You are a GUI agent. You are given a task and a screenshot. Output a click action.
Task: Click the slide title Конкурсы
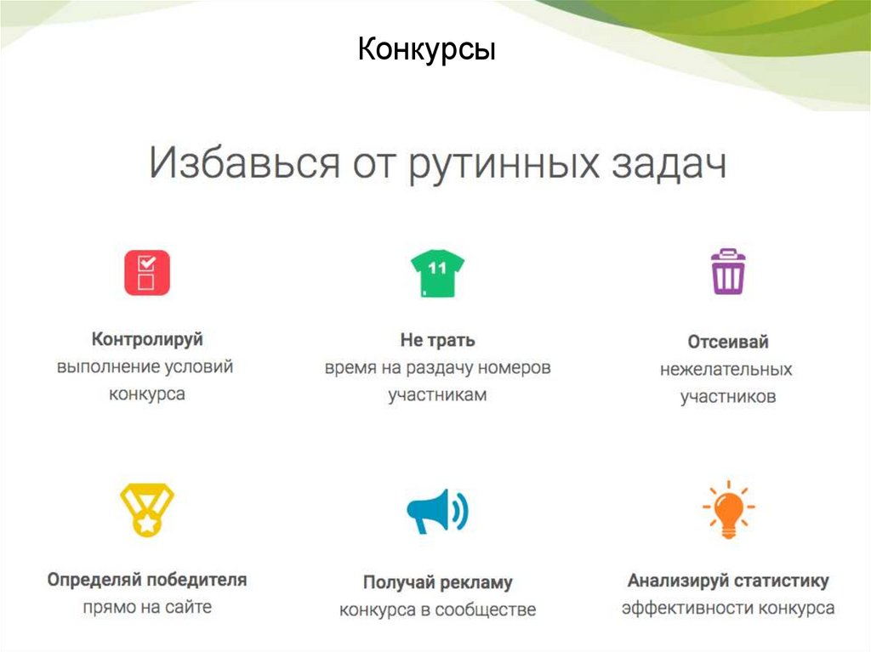coord(426,50)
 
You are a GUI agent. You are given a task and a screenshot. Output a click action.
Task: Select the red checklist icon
coord(147,272)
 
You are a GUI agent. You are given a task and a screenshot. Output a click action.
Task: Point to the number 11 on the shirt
coord(436,268)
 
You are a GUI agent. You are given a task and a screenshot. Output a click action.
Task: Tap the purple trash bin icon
coord(727,271)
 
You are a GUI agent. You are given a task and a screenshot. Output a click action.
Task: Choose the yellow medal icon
coord(147,509)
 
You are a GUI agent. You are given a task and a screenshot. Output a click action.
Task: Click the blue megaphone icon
coord(436,511)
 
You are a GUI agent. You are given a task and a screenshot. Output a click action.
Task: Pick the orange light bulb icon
coord(728,509)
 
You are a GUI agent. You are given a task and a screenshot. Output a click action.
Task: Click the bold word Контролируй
coord(147,339)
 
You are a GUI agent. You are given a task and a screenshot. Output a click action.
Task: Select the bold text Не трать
coord(437,340)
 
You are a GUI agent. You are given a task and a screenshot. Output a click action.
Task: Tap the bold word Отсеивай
coord(727,342)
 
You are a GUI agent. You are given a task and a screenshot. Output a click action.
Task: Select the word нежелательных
coord(726,370)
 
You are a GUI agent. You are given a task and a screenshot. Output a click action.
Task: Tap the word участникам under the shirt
coord(437,395)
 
